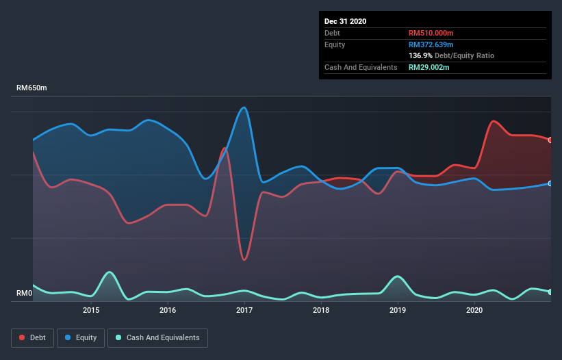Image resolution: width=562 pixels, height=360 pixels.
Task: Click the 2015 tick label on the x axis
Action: click(x=91, y=310)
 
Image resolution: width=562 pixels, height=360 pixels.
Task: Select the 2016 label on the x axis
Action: click(x=168, y=310)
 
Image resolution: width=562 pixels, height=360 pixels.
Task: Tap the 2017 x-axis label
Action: click(x=244, y=310)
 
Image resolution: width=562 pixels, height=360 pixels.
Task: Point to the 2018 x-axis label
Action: click(x=321, y=310)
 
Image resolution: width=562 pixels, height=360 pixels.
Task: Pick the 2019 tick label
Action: click(x=398, y=310)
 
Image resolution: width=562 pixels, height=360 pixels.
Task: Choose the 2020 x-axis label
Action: click(x=474, y=310)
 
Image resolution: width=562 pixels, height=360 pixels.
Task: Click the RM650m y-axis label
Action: click(x=31, y=88)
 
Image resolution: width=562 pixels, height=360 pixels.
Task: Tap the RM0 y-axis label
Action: click(x=25, y=294)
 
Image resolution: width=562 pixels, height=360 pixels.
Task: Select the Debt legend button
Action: click(x=33, y=337)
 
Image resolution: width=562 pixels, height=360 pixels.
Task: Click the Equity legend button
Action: click(x=81, y=337)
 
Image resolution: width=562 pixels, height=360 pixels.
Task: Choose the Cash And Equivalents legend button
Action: click(x=157, y=337)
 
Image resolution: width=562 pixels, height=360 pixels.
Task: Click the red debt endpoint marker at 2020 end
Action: click(x=550, y=140)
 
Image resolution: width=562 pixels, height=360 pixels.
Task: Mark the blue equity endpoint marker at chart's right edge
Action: click(x=550, y=183)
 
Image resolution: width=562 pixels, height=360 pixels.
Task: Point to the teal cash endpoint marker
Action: click(x=550, y=292)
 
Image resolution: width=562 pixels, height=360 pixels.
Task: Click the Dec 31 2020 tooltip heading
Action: click(x=345, y=21)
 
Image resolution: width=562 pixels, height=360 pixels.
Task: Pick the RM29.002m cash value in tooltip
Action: click(x=429, y=67)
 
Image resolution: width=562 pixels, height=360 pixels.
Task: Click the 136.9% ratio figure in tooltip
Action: click(x=419, y=55)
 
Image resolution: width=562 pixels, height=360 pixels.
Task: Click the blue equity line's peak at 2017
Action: click(x=243, y=107)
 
